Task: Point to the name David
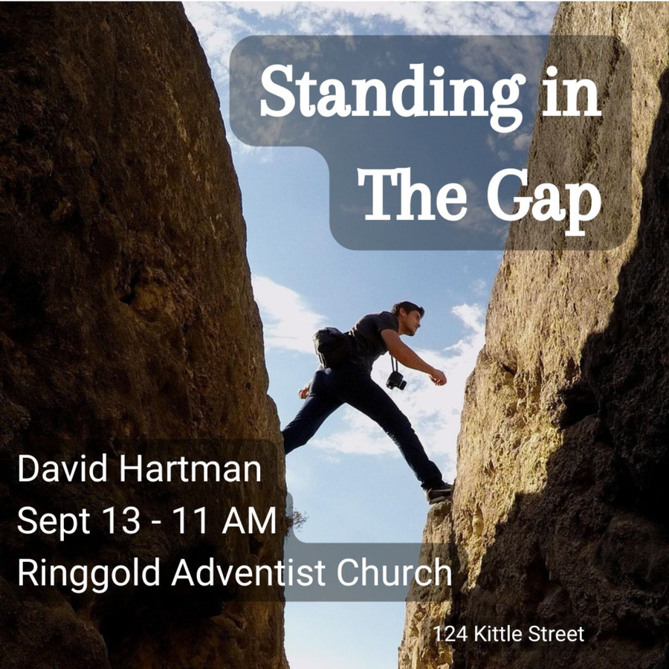point(62,468)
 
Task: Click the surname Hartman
point(190,468)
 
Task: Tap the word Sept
point(54,521)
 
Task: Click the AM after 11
point(249,520)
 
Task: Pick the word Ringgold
point(88,574)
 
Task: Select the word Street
point(556,634)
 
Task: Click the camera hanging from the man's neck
point(396,380)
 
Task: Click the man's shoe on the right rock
point(439,494)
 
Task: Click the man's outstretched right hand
point(439,377)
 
